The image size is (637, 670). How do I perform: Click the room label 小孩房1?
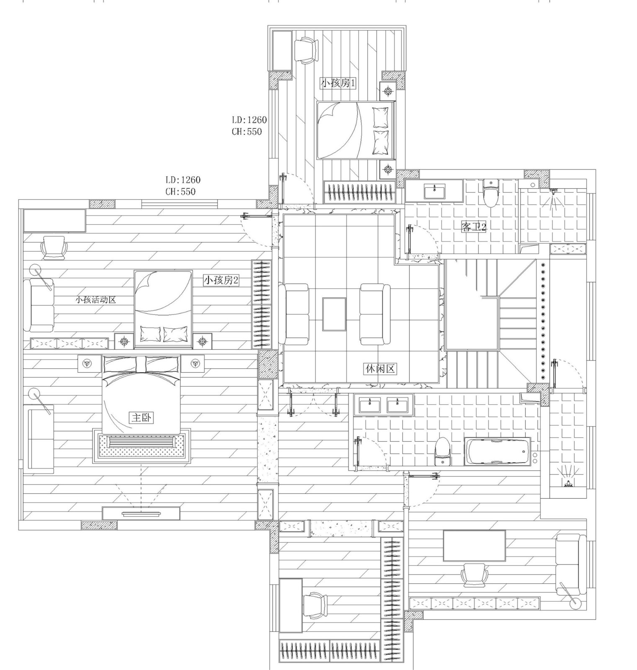338,83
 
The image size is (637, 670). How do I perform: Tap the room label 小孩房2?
221,280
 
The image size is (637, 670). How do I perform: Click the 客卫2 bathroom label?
474,227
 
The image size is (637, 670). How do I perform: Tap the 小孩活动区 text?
95,300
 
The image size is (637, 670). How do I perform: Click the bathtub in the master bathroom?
497,451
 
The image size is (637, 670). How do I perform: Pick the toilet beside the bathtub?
443,451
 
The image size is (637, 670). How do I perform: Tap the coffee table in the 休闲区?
334,314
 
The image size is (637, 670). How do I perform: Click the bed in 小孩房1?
356,130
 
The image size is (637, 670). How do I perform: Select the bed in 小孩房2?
163,309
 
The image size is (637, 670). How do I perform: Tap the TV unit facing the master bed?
141,513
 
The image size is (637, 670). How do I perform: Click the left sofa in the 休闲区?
297,314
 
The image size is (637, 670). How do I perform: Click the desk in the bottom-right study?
474,546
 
